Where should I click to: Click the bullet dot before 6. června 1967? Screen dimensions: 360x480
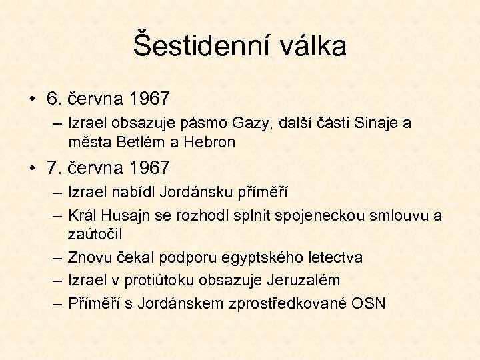point(32,99)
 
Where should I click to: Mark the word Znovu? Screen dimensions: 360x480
point(90,257)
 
